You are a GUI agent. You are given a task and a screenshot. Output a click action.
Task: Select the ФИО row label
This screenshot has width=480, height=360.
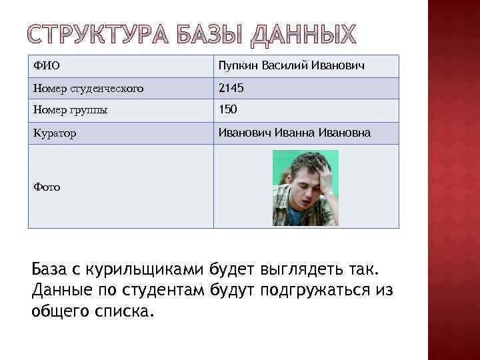click(45, 67)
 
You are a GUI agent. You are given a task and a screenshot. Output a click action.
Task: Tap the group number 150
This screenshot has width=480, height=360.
click(228, 110)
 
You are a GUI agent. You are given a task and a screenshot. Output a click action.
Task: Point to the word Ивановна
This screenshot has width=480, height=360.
click(345, 133)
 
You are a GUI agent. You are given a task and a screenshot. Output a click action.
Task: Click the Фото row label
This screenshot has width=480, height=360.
click(47, 187)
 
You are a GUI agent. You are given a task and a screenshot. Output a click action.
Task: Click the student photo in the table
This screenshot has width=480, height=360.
click(305, 187)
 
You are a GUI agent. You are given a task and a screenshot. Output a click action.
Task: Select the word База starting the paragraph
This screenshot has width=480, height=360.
click(51, 270)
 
